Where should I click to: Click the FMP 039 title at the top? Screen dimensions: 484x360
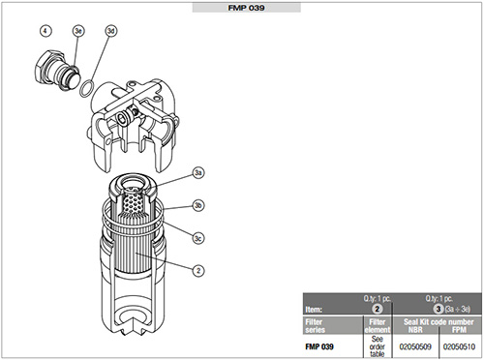[246, 8]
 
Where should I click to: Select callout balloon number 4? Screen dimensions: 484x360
[45, 31]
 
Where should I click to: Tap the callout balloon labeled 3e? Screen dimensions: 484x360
[78, 31]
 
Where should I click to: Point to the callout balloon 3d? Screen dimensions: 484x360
[110, 31]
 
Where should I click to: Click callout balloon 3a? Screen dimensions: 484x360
[198, 172]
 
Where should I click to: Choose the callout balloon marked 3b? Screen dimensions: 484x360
[198, 205]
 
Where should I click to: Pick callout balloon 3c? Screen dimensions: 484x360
[198, 238]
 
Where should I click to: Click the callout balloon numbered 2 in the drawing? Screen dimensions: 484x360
[198, 270]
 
